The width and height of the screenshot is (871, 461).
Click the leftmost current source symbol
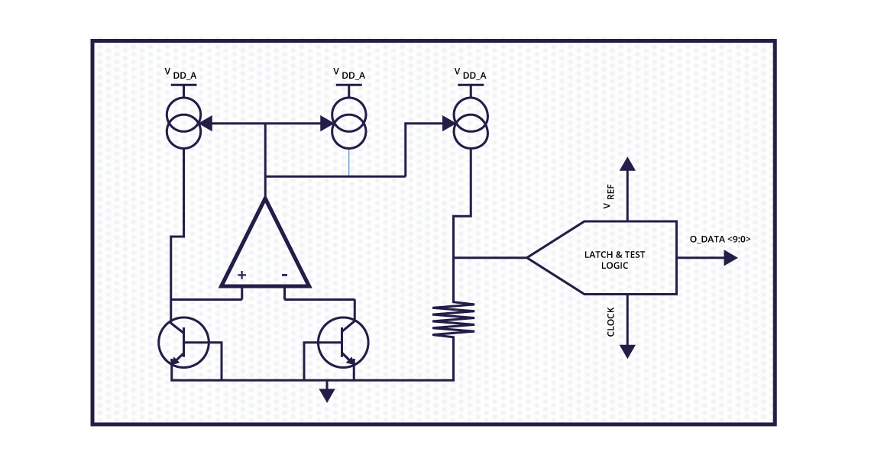(x=183, y=122)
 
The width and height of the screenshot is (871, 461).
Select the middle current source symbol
(x=349, y=122)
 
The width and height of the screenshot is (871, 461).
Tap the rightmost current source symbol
(x=470, y=122)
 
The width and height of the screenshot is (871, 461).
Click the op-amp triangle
(x=265, y=248)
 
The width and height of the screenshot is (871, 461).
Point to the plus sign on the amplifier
(x=241, y=275)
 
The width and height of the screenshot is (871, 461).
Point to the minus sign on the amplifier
(x=284, y=275)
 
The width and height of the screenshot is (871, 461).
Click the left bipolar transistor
(x=183, y=343)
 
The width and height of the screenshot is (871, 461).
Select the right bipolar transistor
(x=343, y=343)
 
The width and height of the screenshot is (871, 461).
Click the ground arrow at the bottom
(x=327, y=394)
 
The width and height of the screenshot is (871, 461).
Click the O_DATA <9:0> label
(x=720, y=239)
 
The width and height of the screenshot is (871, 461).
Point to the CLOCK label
(x=610, y=321)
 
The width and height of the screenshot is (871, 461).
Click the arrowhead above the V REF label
(x=627, y=163)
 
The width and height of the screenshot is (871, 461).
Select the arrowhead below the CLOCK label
(x=627, y=351)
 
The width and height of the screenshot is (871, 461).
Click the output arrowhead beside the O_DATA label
(x=730, y=258)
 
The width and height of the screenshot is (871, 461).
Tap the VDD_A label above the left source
(x=184, y=74)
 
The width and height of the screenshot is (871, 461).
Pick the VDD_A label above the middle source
(x=350, y=74)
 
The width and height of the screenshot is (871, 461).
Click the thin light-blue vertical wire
(x=349, y=162)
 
